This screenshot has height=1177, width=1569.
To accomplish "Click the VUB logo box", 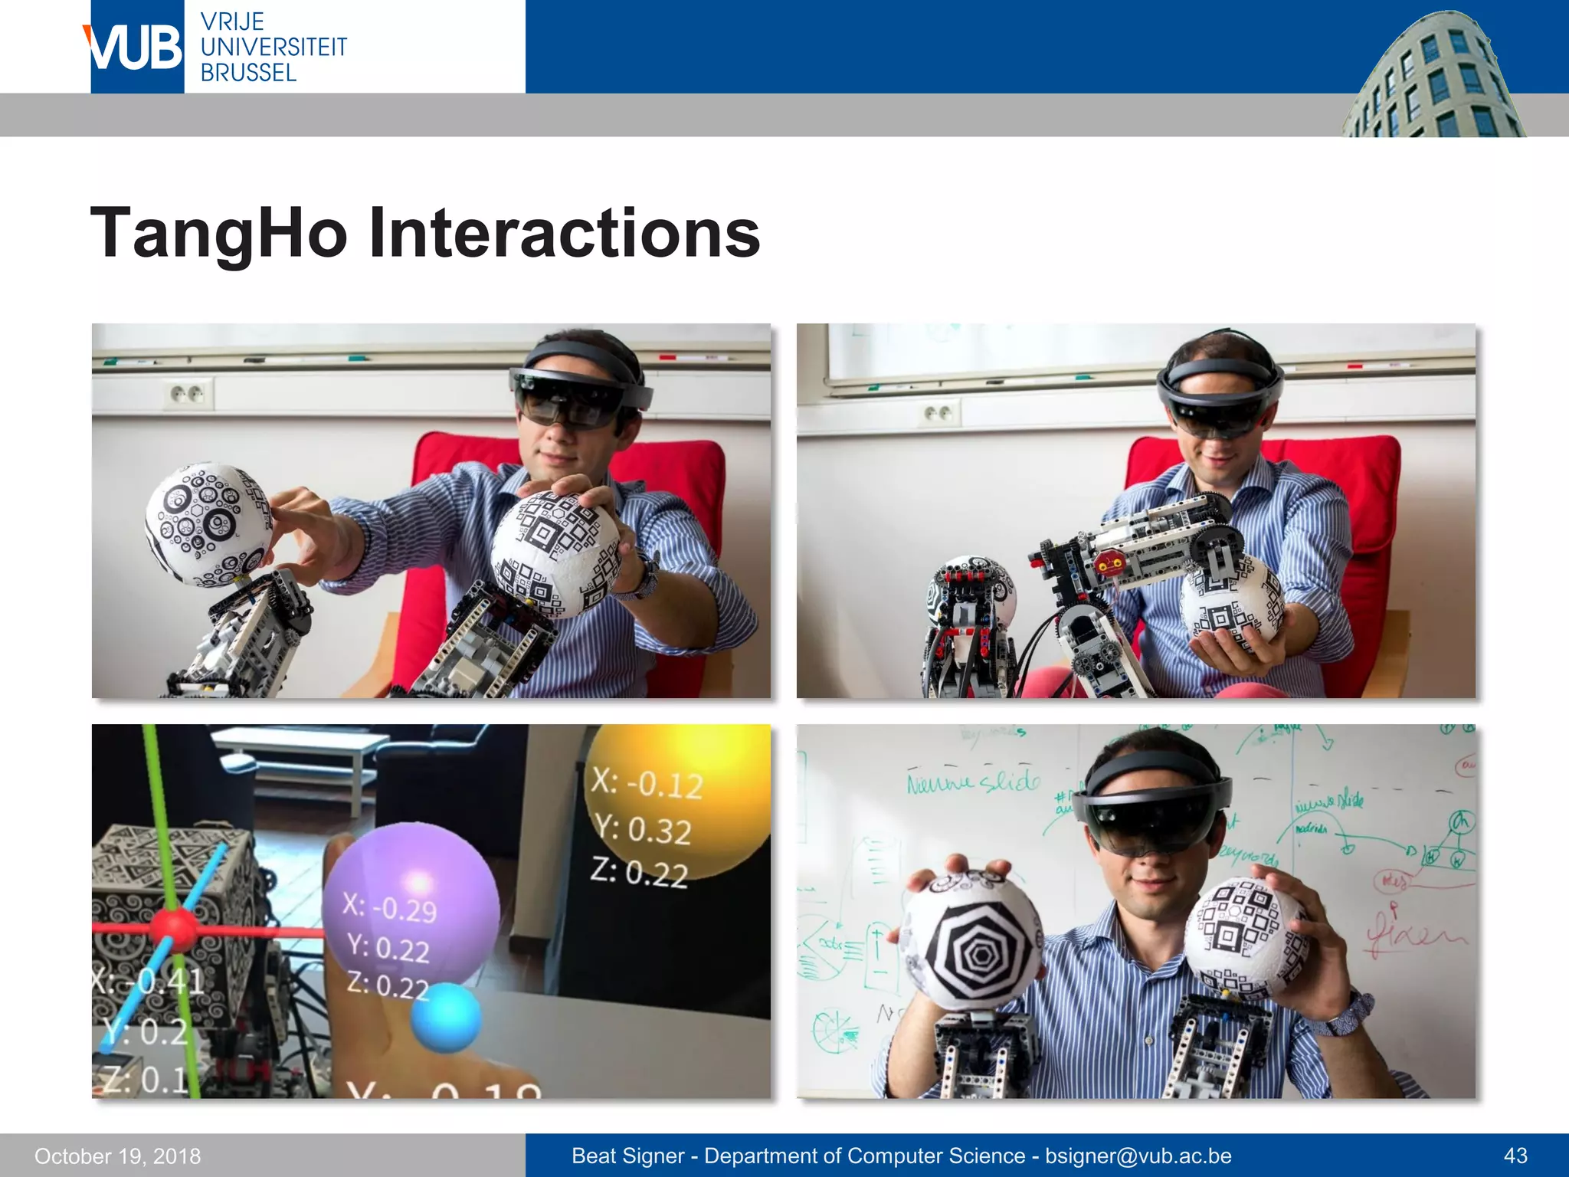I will coord(137,47).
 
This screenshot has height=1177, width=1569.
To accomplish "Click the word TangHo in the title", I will coord(219,233).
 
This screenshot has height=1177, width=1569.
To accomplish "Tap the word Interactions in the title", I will coord(565,233).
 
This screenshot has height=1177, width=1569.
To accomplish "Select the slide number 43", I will coord(1515,1156).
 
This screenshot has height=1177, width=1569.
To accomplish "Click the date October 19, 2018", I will coord(117,1156).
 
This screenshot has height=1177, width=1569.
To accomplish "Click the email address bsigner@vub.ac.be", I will coord(1138,1156).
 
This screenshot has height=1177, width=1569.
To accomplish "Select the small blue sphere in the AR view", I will coord(446,1017).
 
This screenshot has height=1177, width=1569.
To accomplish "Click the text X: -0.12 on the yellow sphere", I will coord(647,783).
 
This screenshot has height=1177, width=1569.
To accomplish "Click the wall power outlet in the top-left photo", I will coord(186,395).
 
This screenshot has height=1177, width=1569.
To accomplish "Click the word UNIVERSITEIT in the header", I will coord(274,48).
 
